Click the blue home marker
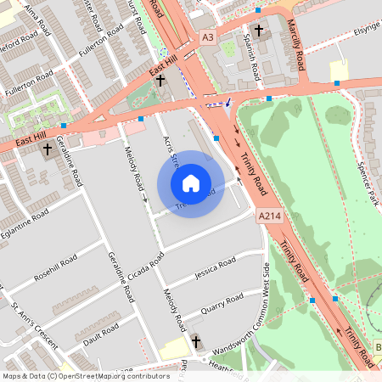click(x=191, y=183)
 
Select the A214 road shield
click(x=270, y=217)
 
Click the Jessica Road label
click(x=214, y=270)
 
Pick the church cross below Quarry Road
click(x=197, y=341)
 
